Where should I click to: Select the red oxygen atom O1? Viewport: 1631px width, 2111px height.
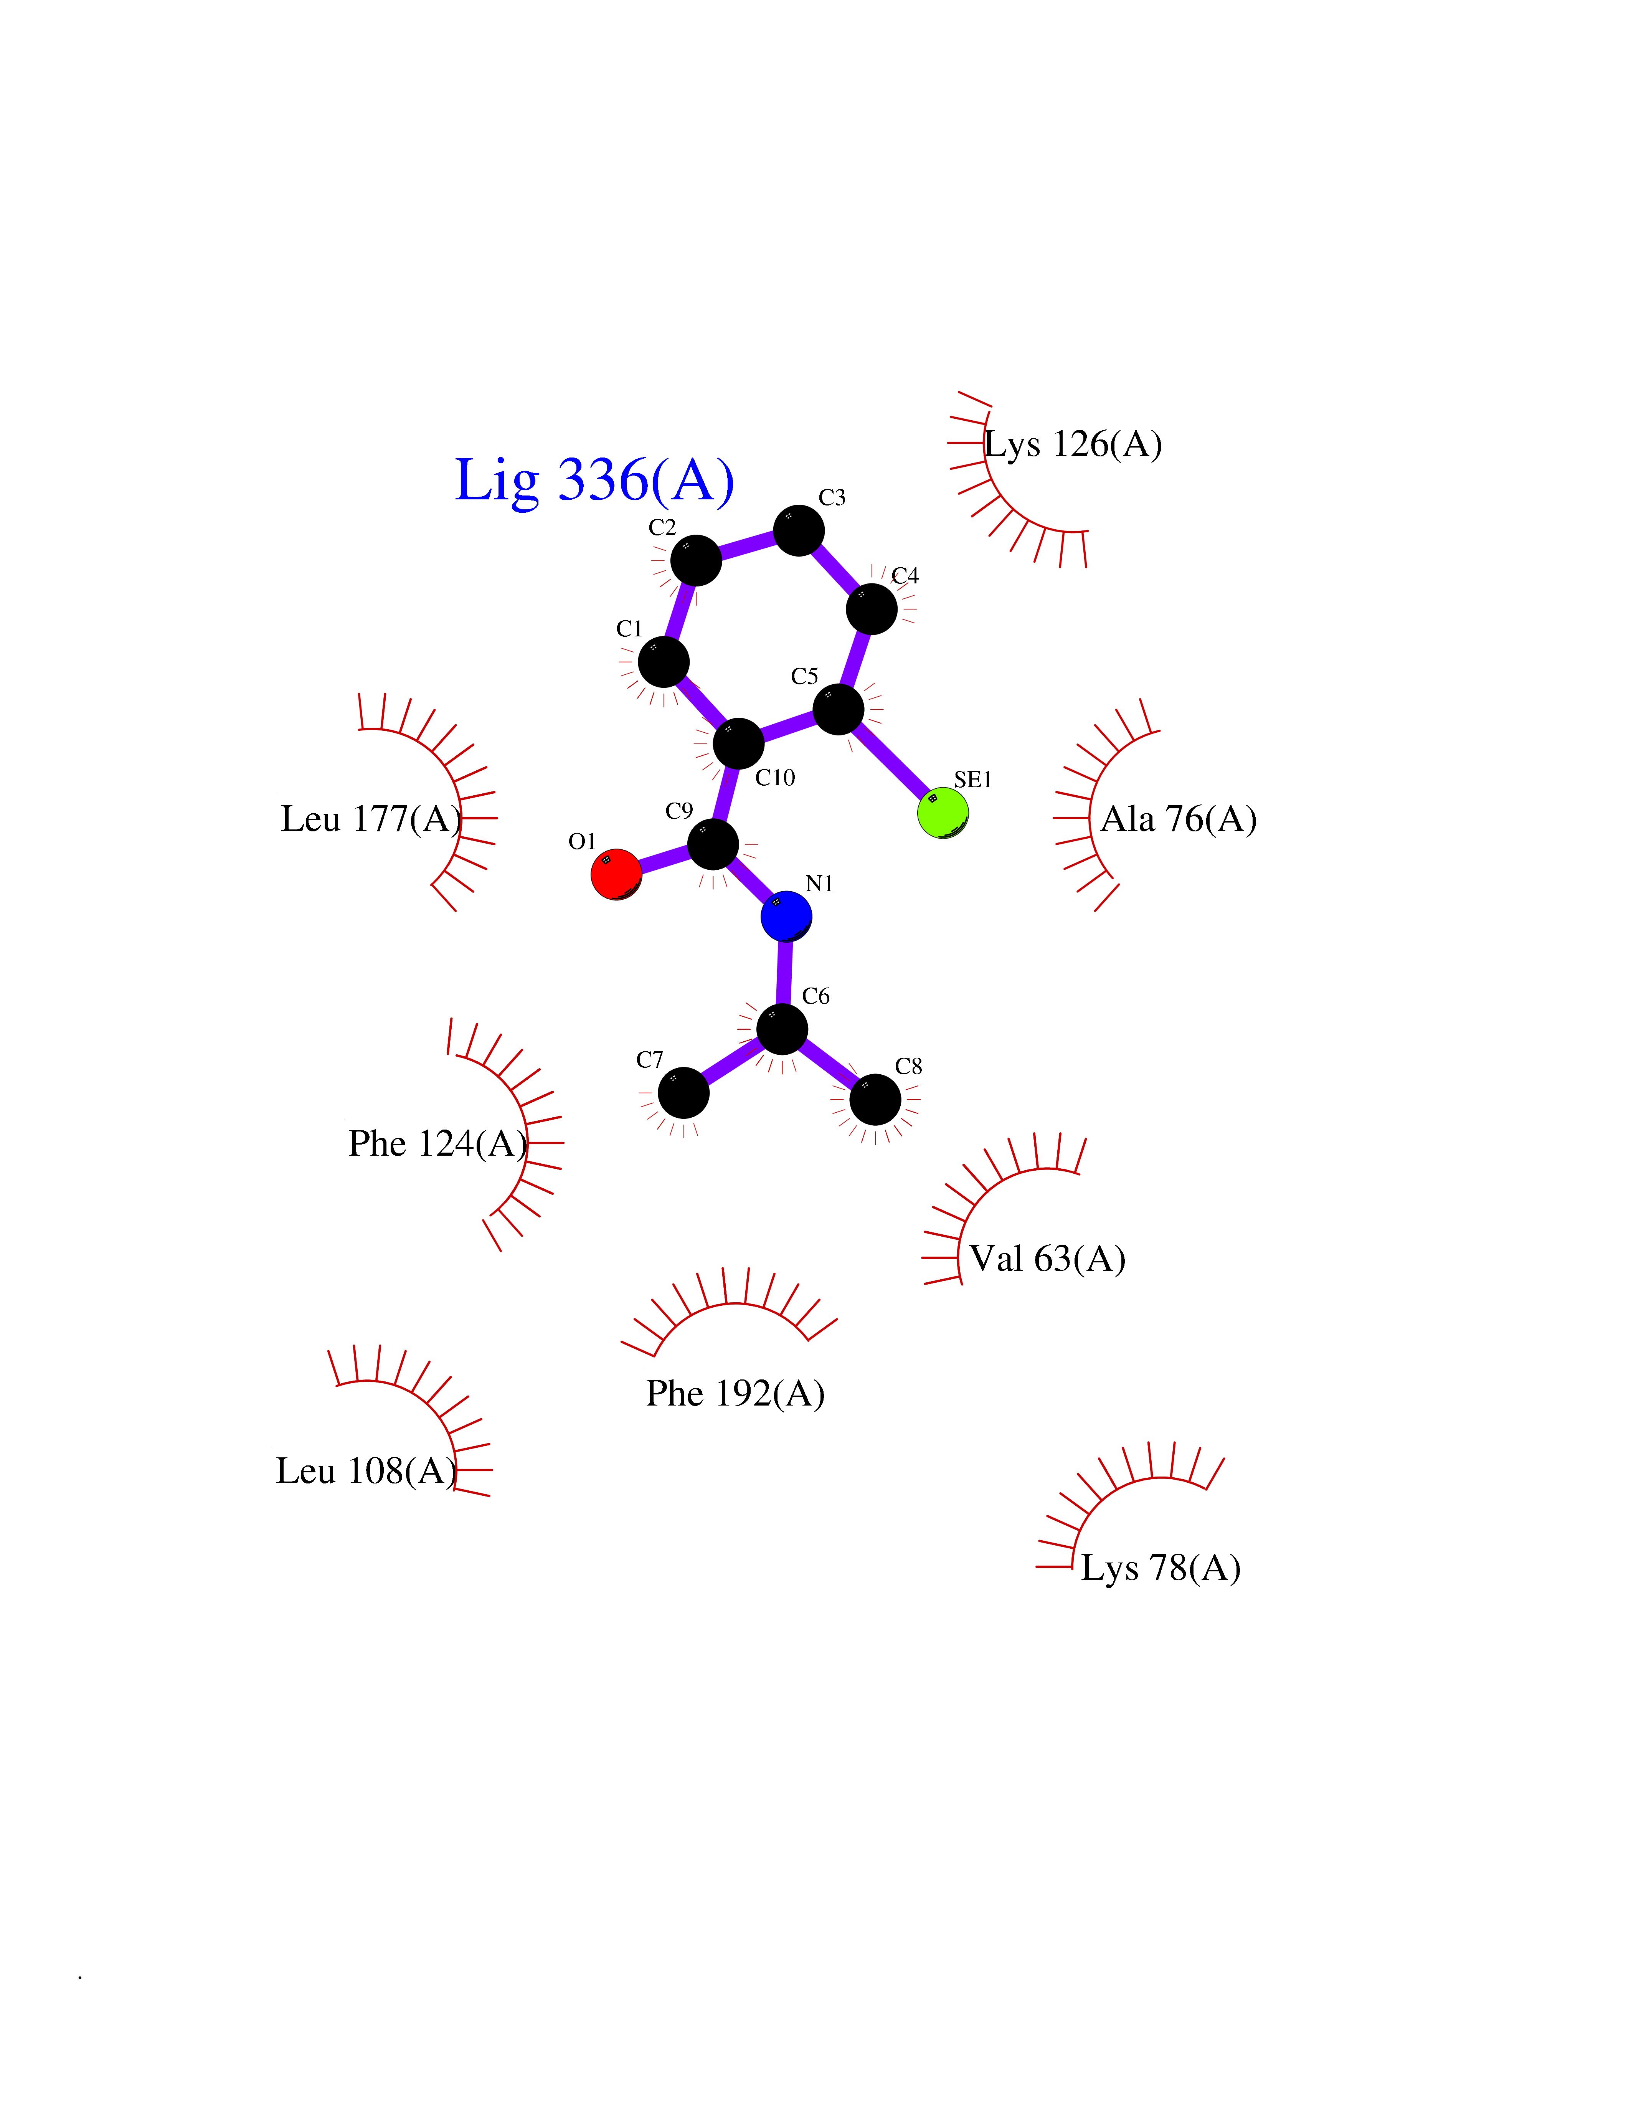coord(616,874)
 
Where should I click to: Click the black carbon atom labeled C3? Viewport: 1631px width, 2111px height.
coord(799,530)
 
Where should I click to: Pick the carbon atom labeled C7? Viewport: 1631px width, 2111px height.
coord(683,1092)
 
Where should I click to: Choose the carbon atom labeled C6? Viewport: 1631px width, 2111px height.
coord(782,1028)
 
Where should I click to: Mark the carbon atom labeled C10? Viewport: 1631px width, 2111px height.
coord(738,743)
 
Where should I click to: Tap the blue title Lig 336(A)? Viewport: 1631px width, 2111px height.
coord(594,481)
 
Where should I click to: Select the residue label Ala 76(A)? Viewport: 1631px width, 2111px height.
coord(1179,820)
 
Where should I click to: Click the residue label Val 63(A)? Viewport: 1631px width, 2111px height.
coord(1047,1259)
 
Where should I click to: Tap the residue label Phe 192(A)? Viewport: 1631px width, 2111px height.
coord(735,1394)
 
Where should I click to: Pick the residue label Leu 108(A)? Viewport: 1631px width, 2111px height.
coord(366,1471)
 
